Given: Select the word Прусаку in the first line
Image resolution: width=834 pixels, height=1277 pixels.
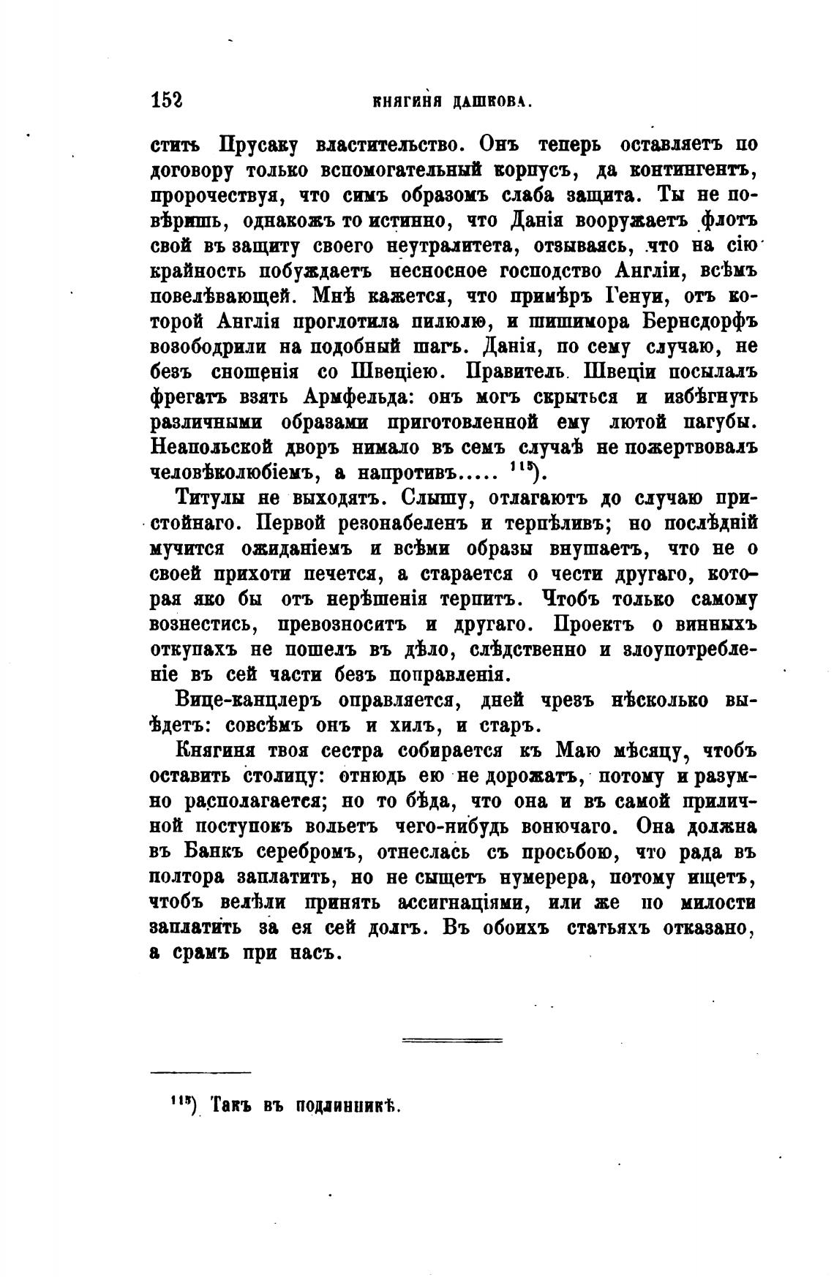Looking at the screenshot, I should [256, 144].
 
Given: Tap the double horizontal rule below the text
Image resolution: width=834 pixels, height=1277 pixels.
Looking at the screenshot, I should [452, 1039].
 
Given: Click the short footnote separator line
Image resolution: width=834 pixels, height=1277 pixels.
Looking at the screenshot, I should [200, 1073].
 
